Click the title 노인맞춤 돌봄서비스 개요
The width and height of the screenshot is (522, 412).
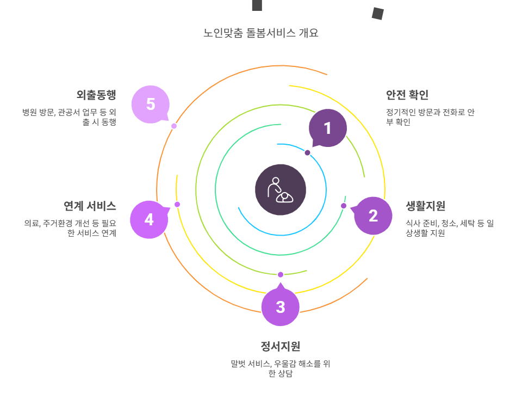pyautogui.click(x=261, y=33)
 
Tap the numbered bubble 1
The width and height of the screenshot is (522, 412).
pyautogui.click(x=327, y=128)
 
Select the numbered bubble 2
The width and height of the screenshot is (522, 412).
pyautogui.click(x=373, y=216)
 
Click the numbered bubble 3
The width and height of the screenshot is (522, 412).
pyautogui.click(x=281, y=307)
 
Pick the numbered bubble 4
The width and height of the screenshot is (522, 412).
pyautogui.click(x=149, y=219)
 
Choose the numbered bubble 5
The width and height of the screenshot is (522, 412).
pyautogui.click(x=151, y=104)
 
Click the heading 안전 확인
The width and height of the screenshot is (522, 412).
pyautogui.click(x=407, y=95)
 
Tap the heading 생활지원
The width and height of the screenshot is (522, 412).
pyautogui.click(x=425, y=206)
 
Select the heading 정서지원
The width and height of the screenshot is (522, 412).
pyautogui.click(x=281, y=346)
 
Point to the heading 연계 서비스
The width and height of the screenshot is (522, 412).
pyautogui.click(x=90, y=206)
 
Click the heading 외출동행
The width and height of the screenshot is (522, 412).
pyautogui.click(x=96, y=95)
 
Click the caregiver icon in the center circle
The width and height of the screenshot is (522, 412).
pyautogui.click(x=281, y=189)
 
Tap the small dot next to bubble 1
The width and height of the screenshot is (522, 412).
pyautogui.click(x=308, y=153)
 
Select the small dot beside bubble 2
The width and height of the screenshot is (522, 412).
pyautogui.click(x=344, y=206)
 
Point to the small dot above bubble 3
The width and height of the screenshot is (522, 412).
pyautogui.click(x=281, y=274)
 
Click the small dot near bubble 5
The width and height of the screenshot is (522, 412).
pyautogui.click(x=174, y=126)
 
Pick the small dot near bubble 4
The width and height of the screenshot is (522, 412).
pyautogui.click(x=177, y=205)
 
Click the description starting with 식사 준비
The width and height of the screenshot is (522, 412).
pyautogui.click(x=450, y=228)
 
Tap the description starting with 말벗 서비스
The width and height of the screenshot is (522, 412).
pyautogui.click(x=281, y=368)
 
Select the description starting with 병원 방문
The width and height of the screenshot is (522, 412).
pyautogui.click(x=69, y=117)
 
